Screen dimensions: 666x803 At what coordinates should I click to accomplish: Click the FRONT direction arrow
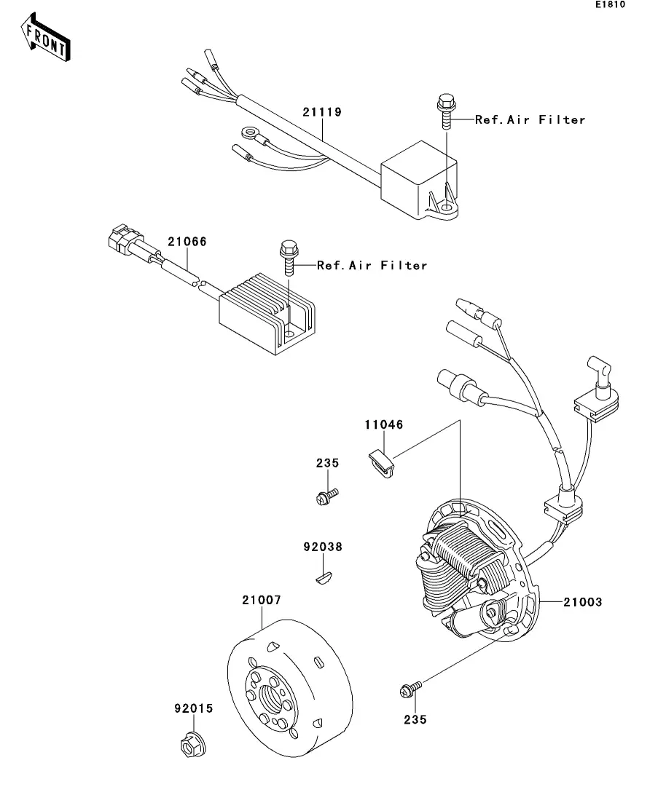click(46, 37)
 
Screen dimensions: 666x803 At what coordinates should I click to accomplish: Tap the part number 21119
click(322, 112)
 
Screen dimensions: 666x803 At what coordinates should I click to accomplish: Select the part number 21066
click(187, 242)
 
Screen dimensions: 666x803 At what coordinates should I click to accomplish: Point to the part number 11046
click(384, 424)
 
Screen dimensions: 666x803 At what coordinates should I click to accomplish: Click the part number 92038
click(323, 547)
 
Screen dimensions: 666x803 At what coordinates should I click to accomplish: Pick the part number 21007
click(262, 600)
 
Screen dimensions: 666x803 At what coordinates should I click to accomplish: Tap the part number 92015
click(194, 709)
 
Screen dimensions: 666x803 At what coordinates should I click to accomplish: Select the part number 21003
click(583, 602)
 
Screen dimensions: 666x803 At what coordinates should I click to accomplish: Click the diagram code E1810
click(610, 4)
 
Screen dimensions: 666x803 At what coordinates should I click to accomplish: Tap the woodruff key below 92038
click(324, 579)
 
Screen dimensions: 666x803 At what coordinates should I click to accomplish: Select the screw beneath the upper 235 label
click(327, 497)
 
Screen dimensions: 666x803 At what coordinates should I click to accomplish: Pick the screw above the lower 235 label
click(411, 689)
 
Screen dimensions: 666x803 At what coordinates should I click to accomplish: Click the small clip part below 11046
click(382, 462)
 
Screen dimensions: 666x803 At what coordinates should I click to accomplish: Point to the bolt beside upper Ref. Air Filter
click(447, 111)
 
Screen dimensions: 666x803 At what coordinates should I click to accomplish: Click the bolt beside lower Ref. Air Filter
click(289, 257)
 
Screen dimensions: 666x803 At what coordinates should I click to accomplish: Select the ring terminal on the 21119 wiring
click(251, 135)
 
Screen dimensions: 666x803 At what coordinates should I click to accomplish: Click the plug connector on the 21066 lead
click(122, 240)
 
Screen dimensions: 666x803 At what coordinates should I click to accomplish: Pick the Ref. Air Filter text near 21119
click(530, 120)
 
